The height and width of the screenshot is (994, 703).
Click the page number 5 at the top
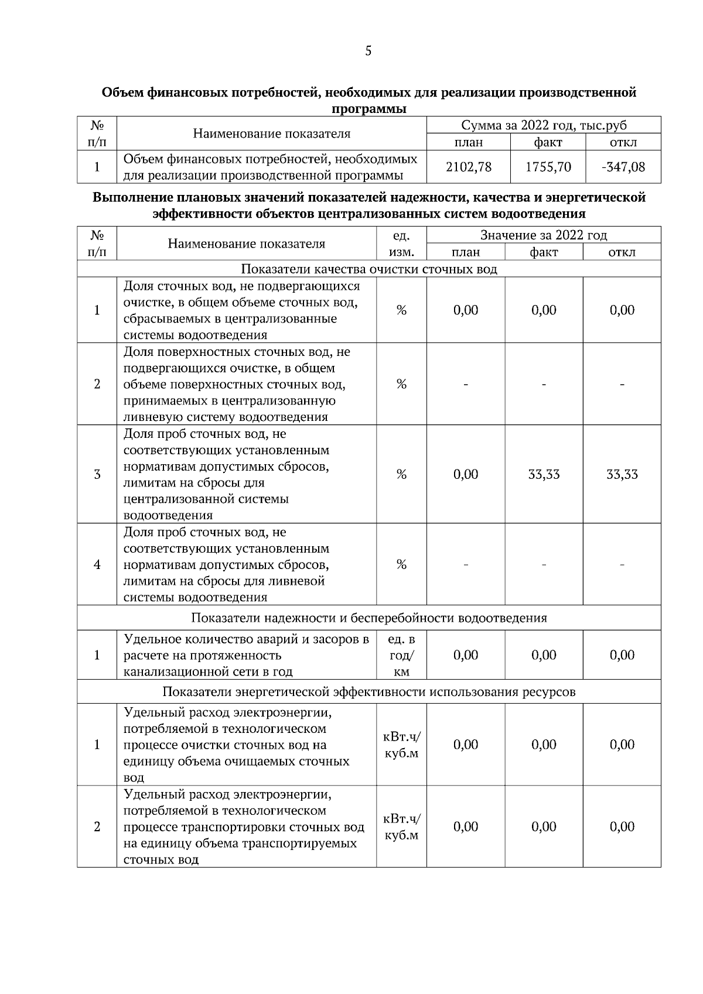tap(368, 51)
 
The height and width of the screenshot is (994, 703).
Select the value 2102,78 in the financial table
tap(469, 167)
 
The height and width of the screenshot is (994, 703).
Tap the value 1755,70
tap(548, 167)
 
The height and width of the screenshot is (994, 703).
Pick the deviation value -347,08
tap(623, 167)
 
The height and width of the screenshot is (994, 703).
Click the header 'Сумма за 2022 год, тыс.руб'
tap(544, 125)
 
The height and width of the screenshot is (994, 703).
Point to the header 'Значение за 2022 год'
tap(544, 235)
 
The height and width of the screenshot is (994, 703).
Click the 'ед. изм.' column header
tap(401, 244)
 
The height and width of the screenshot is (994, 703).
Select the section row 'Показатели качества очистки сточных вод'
tap(369, 269)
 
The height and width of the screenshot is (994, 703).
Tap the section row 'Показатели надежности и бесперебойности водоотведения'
tap(369, 618)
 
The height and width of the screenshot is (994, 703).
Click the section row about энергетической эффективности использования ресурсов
tap(369, 692)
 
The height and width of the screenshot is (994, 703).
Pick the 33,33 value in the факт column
tap(544, 475)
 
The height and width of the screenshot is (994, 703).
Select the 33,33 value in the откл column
tap(622, 475)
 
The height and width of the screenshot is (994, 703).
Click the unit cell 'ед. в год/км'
tap(401, 656)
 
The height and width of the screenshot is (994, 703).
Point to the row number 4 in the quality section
tap(97, 565)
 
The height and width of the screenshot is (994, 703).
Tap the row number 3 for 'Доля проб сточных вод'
tap(97, 475)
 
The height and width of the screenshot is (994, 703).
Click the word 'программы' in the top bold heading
tap(369, 109)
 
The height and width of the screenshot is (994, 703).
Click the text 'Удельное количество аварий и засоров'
tap(246, 639)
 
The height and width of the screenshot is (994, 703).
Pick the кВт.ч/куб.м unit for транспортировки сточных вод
tap(401, 827)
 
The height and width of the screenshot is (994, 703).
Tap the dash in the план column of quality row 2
tap(466, 385)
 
